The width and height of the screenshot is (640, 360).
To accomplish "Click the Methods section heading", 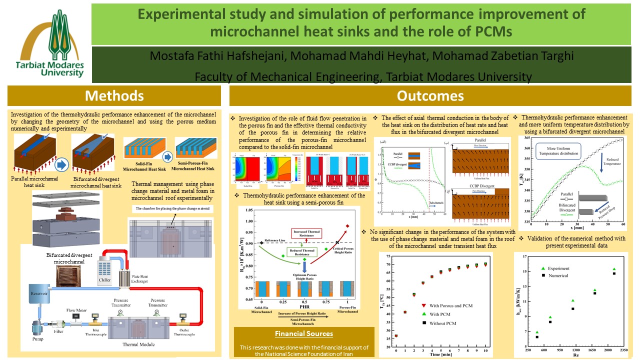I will coord(114,95).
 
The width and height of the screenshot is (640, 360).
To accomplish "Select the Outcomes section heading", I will coord(430,95).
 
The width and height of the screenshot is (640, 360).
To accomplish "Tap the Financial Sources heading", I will coord(304,333).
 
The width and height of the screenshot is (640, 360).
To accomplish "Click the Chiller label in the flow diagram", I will coord(104,280).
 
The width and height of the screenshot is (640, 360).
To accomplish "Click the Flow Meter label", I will coord(77,310).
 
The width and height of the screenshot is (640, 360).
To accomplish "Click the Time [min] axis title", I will coord(440,354).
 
